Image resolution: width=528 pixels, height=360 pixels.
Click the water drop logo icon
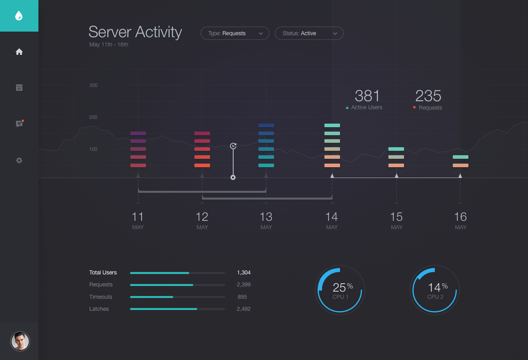(19, 16)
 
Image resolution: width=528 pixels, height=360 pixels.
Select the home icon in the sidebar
(19, 52)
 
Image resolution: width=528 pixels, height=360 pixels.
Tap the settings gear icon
(19, 160)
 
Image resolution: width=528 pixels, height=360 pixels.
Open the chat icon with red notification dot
(19, 124)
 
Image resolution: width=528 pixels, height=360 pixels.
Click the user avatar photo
(20, 341)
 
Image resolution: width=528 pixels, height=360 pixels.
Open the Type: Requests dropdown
(235, 33)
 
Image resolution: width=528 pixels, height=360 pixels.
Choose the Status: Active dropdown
(309, 33)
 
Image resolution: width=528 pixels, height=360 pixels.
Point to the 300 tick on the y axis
(93, 85)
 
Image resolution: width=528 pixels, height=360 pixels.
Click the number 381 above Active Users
(367, 96)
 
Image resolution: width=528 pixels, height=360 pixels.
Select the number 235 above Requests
(428, 96)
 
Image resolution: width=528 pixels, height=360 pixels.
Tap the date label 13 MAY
(266, 220)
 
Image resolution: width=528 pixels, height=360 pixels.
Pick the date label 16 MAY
(460, 220)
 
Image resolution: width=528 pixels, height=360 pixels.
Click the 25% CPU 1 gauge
(340, 290)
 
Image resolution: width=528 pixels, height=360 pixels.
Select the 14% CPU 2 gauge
(435, 290)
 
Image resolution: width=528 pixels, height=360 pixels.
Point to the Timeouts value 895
(242, 297)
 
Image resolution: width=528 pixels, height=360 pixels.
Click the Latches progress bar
(177, 309)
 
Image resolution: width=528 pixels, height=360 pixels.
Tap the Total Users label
(103, 272)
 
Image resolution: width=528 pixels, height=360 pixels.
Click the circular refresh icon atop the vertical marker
(233, 146)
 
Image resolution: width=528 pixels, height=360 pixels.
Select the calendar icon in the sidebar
(19, 88)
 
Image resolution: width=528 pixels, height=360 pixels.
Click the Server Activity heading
(135, 32)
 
